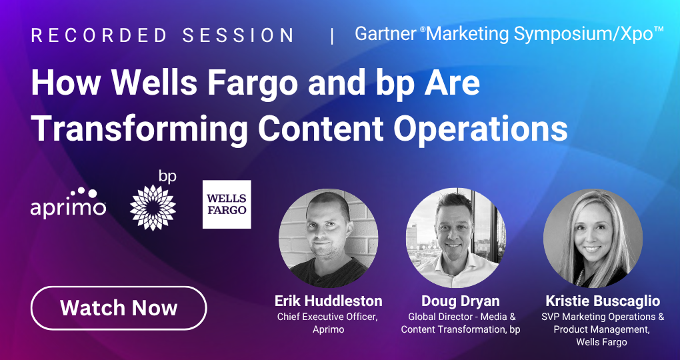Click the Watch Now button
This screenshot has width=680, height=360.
119,308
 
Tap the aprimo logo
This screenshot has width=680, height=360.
68,203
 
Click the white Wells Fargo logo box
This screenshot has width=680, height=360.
227,204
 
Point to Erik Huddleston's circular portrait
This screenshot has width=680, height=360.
328,238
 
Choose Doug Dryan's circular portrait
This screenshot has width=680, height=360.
456,238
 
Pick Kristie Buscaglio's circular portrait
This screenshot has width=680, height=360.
593,238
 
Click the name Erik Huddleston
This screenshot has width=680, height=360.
328,301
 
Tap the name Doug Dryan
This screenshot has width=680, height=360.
461,301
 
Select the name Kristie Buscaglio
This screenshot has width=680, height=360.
603,301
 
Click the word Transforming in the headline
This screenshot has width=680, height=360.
139,129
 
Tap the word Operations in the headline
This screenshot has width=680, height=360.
481,129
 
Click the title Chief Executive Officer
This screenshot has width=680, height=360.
327,317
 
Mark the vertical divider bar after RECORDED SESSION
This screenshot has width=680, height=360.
332,37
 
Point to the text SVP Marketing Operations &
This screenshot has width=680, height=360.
603,317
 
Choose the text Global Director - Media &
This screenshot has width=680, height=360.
462,317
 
